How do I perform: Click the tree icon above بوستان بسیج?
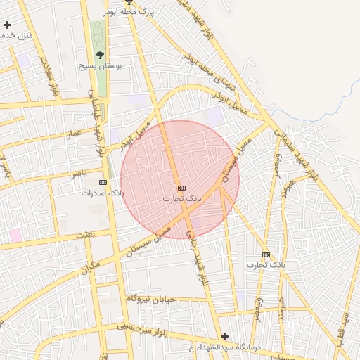[x=100, y=54]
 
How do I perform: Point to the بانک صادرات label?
[x=103, y=193]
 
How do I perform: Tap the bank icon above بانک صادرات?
[x=103, y=182]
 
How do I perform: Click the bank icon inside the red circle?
[x=181, y=188]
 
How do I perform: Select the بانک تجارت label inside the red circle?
[x=182, y=199]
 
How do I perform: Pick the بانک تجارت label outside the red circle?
[x=266, y=265]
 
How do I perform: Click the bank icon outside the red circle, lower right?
[x=266, y=255]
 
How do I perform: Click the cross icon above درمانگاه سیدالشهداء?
[x=224, y=336]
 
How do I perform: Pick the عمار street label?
[x=76, y=131]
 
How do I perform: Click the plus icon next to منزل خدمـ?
[x=7, y=25]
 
